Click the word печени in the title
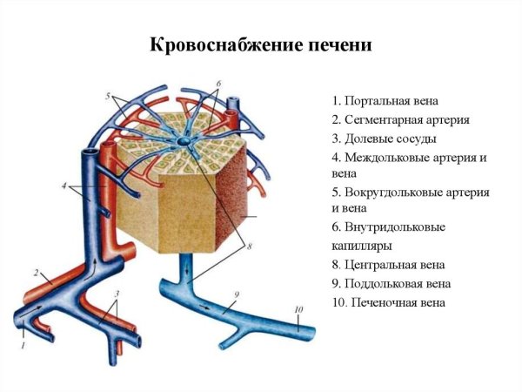point(338,44)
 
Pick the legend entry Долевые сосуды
point(384,139)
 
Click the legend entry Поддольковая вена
point(391,283)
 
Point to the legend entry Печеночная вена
point(389,302)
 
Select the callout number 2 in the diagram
point(37,273)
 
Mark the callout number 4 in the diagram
point(64,185)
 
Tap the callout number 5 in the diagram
point(107,94)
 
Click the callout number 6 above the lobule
point(218,84)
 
